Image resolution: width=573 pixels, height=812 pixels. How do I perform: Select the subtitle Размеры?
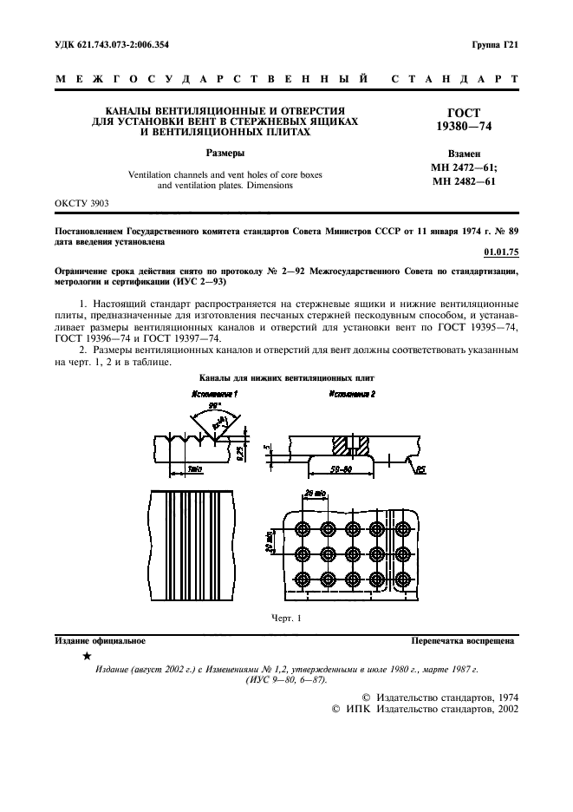225,153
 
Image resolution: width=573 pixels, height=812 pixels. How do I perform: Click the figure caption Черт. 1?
286,618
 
